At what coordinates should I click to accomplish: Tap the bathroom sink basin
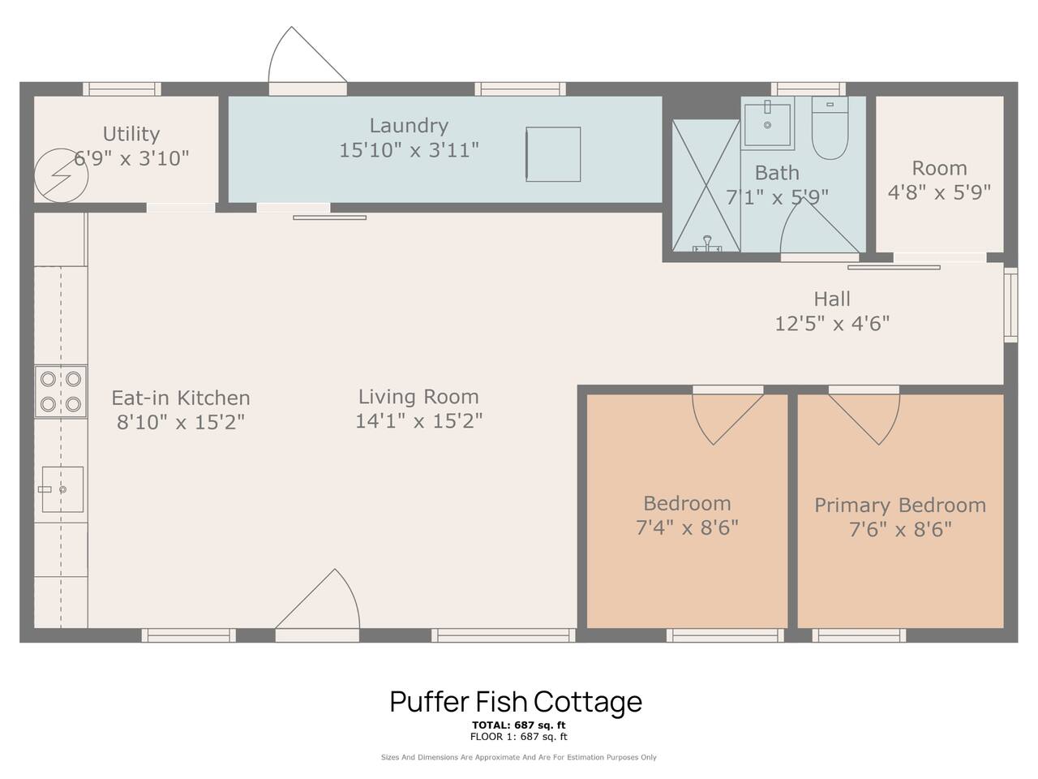[x=767, y=125]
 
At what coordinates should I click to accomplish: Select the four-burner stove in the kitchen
[x=61, y=392]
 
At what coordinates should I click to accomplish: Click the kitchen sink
[x=62, y=489]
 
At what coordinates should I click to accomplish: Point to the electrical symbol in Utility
[x=62, y=175]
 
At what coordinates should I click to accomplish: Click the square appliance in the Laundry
[x=553, y=154]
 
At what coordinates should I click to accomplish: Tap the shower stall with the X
[x=706, y=185]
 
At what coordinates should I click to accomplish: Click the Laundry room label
[x=409, y=126]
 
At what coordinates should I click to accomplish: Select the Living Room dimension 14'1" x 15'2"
[x=419, y=420]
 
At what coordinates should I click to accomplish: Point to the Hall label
[x=832, y=299]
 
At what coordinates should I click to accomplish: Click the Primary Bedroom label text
[x=900, y=506]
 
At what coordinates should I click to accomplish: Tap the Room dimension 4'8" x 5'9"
[x=939, y=192]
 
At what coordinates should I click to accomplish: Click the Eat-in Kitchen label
[x=181, y=398]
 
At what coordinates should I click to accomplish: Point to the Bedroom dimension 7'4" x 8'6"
[x=687, y=527]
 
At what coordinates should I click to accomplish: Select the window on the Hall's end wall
[x=1010, y=304]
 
